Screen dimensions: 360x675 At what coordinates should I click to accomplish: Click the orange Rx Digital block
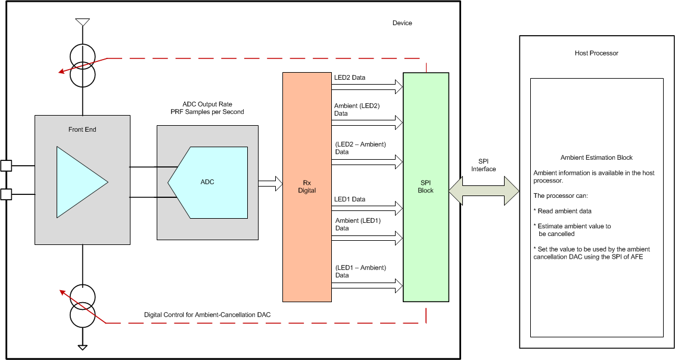coord(307,186)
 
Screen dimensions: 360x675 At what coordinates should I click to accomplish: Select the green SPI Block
coord(425,187)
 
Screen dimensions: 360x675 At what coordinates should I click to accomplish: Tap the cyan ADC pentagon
coord(209,182)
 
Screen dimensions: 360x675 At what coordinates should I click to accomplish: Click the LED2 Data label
coord(350,77)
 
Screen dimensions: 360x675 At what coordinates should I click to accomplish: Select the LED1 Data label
coord(350,199)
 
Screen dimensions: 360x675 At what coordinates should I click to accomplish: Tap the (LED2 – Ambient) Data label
coord(360,148)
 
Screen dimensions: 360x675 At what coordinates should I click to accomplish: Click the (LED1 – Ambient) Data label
coord(360,271)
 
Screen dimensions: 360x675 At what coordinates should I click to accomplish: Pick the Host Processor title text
coord(596,53)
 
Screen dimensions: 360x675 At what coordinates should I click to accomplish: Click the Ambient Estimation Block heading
coord(596,157)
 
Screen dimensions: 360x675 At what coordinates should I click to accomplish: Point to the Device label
coord(402,23)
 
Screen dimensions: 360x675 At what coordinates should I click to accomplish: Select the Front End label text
coord(82,129)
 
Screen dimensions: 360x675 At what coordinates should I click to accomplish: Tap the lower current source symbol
coord(83,305)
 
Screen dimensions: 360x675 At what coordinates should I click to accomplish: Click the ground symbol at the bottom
coord(83,347)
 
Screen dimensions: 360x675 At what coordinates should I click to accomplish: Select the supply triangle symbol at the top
coord(83,23)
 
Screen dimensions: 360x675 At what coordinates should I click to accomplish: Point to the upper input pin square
coord(6,166)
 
